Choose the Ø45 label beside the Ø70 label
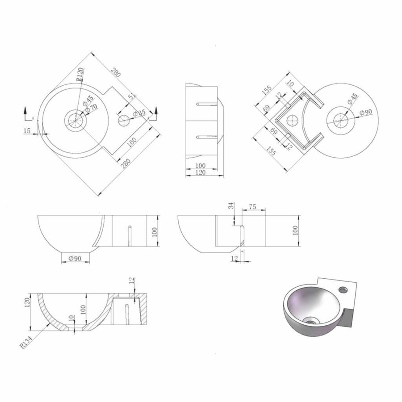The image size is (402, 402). click(88, 99)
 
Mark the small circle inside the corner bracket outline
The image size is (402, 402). click(292, 120)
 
